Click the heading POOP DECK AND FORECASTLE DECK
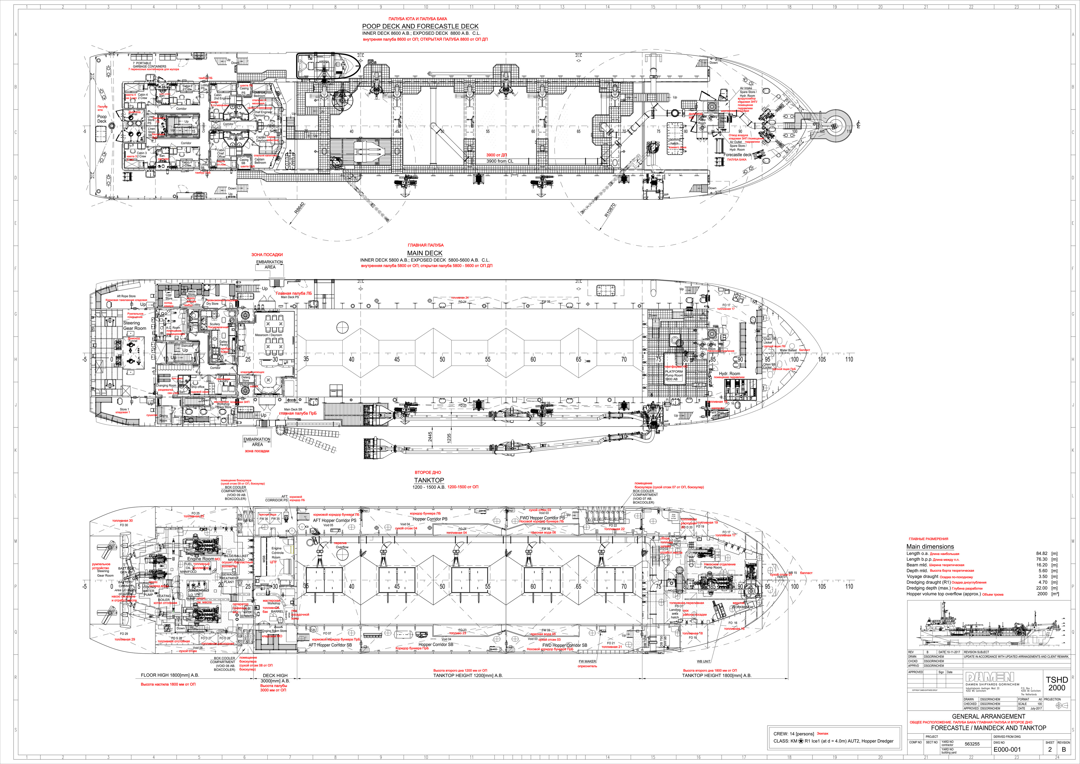point(420,26)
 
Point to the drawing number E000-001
point(1007,749)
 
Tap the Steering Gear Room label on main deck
point(134,326)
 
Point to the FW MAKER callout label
point(587,661)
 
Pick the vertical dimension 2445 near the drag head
point(430,437)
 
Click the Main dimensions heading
point(930,547)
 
